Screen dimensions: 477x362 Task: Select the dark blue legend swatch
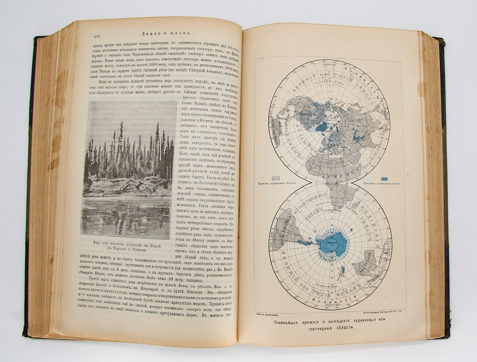[x=384, y=178]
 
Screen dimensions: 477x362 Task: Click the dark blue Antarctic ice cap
[x=332, y=243]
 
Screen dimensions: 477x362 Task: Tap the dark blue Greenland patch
[x=321, y=126]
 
